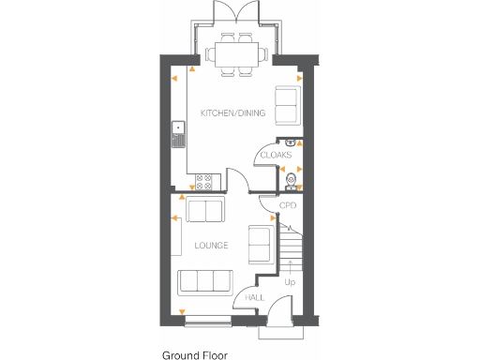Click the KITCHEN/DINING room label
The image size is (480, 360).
[233, 113]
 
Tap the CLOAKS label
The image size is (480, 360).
[276, 155]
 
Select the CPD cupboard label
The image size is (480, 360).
[288, 205]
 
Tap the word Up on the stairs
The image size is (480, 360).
[290, 280]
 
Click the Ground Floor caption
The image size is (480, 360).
[194, 355]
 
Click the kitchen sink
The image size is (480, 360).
[176, 136]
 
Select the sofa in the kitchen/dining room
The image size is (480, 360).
[285, 105]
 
